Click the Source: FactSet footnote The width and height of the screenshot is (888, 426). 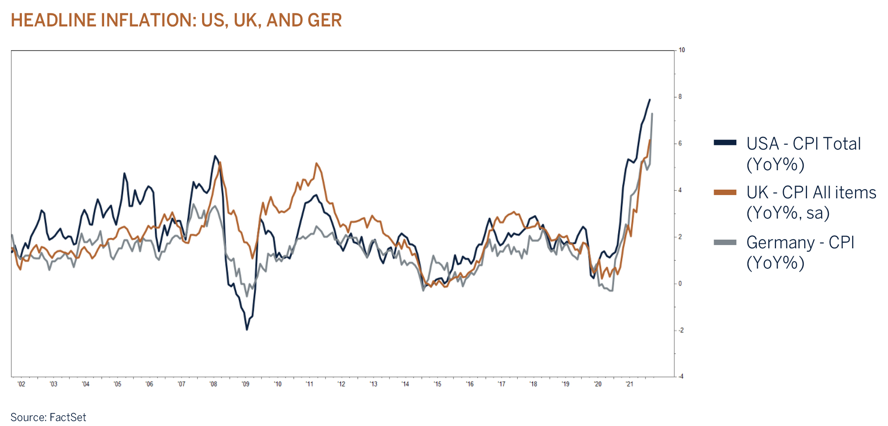[48, 417]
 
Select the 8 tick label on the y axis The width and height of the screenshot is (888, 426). [680, 97]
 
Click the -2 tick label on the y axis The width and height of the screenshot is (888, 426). [680, 330]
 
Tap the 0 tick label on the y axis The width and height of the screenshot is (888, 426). [680, 283]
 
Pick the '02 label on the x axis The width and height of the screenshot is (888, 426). [21, 384]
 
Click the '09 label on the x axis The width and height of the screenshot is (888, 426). [245, 384]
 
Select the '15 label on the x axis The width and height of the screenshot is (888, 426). [438, 384]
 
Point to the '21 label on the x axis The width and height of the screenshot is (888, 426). [629, 384]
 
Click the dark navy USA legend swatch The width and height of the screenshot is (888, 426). [725, 143]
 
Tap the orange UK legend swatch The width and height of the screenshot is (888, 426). [725, 192]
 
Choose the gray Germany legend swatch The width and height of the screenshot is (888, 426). [725, 243]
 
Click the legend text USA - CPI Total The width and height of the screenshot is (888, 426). [803, 144]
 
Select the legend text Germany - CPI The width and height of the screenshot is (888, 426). [800, 243]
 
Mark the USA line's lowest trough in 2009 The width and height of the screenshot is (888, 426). [247, 329]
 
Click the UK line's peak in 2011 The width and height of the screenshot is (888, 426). [317, 163]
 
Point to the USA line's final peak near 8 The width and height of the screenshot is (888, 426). [650, 100]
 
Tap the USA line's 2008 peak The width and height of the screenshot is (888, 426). [215, 156]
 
